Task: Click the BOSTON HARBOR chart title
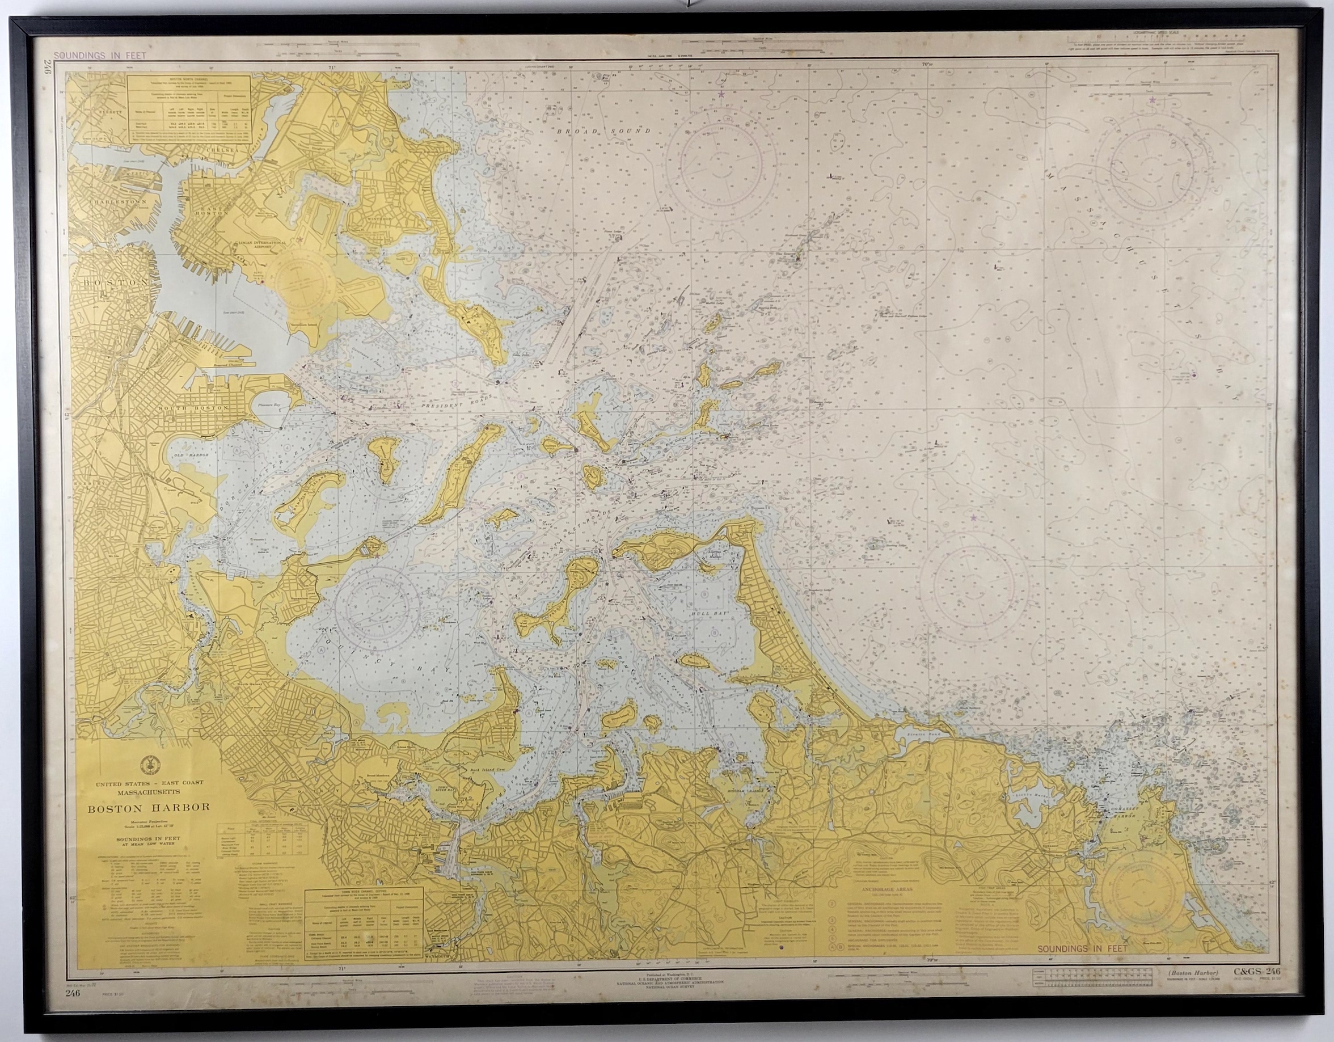[149, 807]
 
